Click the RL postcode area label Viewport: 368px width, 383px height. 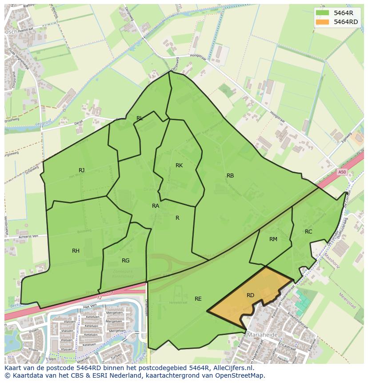(x=140, y=118)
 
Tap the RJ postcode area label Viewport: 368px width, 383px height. (x=81, y=170)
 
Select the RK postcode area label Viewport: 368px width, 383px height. (x=179, y=165)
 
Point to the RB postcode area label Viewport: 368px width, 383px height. (x=230, y=175)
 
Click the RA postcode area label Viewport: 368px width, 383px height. (x=156, y=206)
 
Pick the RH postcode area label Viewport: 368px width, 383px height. (x=76, y=250)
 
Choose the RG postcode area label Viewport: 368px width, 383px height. (x=125, y=260)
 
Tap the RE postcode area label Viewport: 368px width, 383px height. (x=198, y=298)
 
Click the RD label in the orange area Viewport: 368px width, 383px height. (x=250, y=295)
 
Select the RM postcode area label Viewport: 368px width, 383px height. (x=273, y=239)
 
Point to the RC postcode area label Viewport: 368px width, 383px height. (x=308, y=231)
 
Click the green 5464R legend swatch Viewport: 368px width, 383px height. (x=323, y=13)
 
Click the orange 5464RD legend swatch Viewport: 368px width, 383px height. (x=323, y=21)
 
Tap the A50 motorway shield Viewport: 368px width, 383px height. (x=341, y=172)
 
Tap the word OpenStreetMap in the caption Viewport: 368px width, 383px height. (x=240, y=375)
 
